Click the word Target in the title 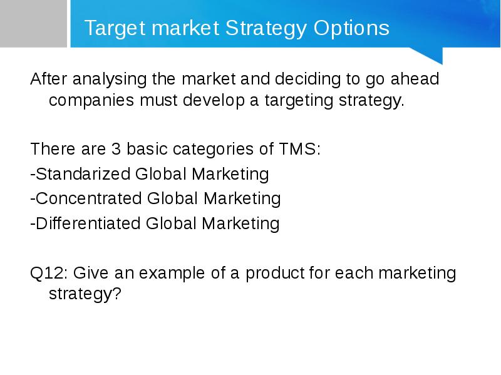point(115,28)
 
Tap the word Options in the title point(351,28)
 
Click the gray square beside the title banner point(33,24)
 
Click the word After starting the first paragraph point(49,79)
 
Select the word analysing point(110,80)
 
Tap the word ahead point(415,79)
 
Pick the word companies point(91,101)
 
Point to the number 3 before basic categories point(116,149)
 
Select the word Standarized point(83,174)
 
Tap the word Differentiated point(88,223)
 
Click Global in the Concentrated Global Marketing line point(173,198)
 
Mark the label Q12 point(48,273)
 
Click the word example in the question point(172,274)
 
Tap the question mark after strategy point(117,293)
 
